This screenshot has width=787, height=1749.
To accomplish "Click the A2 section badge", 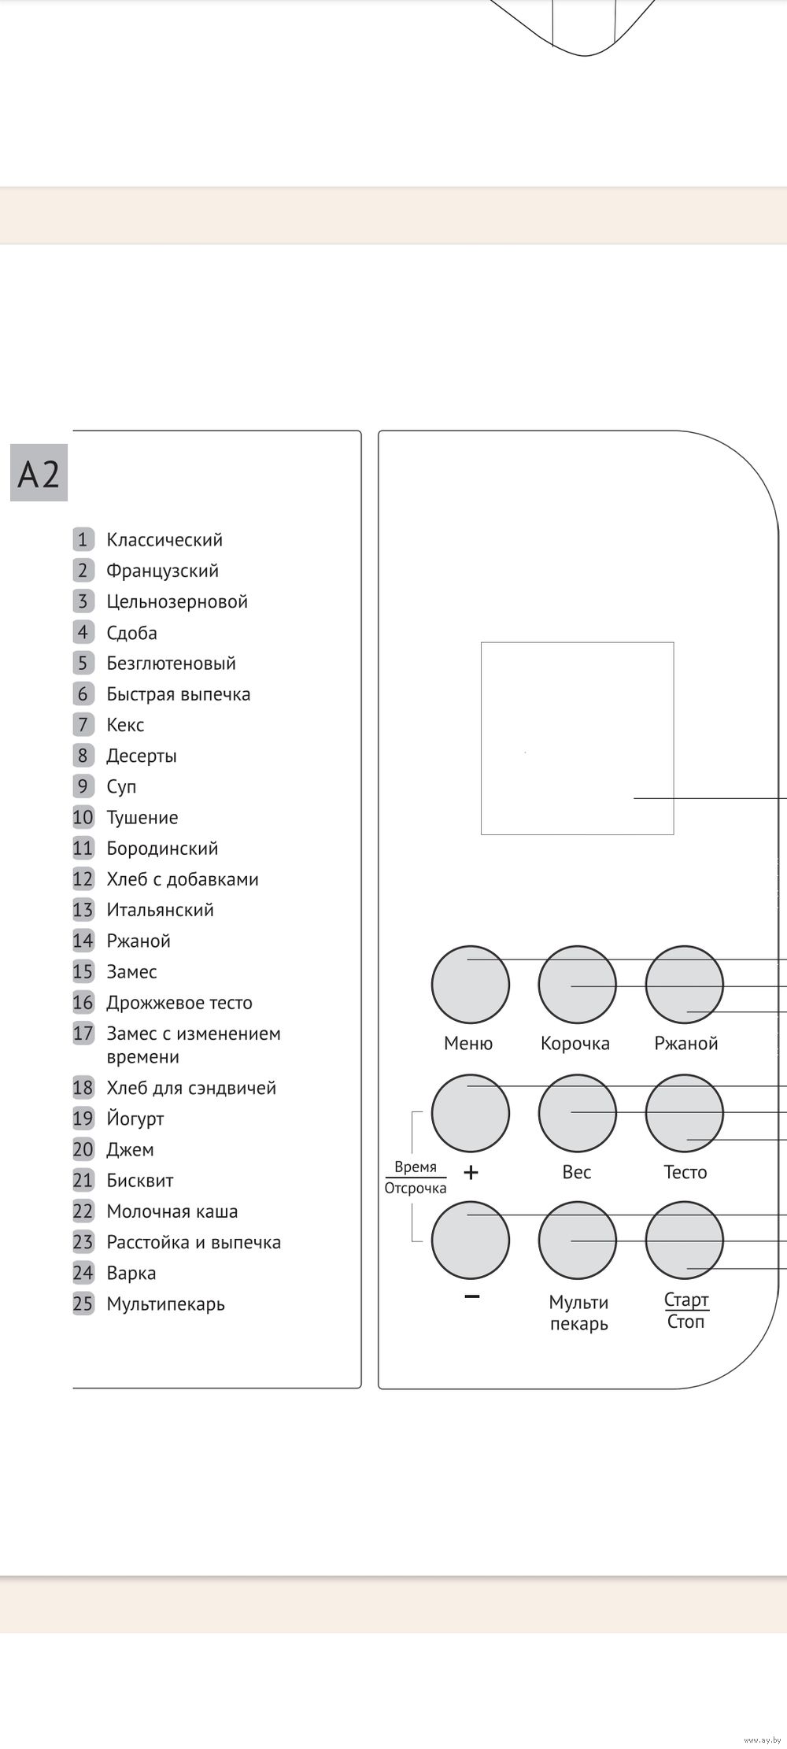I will coord(39,473).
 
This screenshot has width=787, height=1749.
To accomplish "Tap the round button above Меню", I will coord(471,985).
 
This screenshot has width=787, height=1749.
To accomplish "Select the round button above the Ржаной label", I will coord(684,985).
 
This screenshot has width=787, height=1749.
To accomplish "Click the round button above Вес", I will coord(577,1114).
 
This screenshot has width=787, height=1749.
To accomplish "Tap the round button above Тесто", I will coord(684,1114).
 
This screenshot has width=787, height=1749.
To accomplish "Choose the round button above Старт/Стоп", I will coord(684,1240).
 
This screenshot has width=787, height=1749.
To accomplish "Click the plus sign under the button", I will coord(471,1173).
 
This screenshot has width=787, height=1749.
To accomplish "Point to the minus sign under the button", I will coord(471,1296).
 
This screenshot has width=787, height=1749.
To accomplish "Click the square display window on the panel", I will coord(577,738).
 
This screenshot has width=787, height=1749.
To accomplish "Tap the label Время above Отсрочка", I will coord(415,1167).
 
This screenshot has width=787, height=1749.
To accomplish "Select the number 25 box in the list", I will coord(83,1303).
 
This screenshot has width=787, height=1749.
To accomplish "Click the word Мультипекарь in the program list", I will coord(165,1303).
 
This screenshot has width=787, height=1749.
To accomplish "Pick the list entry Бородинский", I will coord(162,848).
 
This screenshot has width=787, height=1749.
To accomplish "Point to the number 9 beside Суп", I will coord(83,786).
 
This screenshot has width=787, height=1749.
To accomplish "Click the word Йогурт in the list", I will coord(135,1119).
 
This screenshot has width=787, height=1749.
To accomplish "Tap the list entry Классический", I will coord(164,540).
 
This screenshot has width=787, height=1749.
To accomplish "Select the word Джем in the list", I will coord(130,1149).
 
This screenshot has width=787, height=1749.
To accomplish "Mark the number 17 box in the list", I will coord(83,1033).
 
